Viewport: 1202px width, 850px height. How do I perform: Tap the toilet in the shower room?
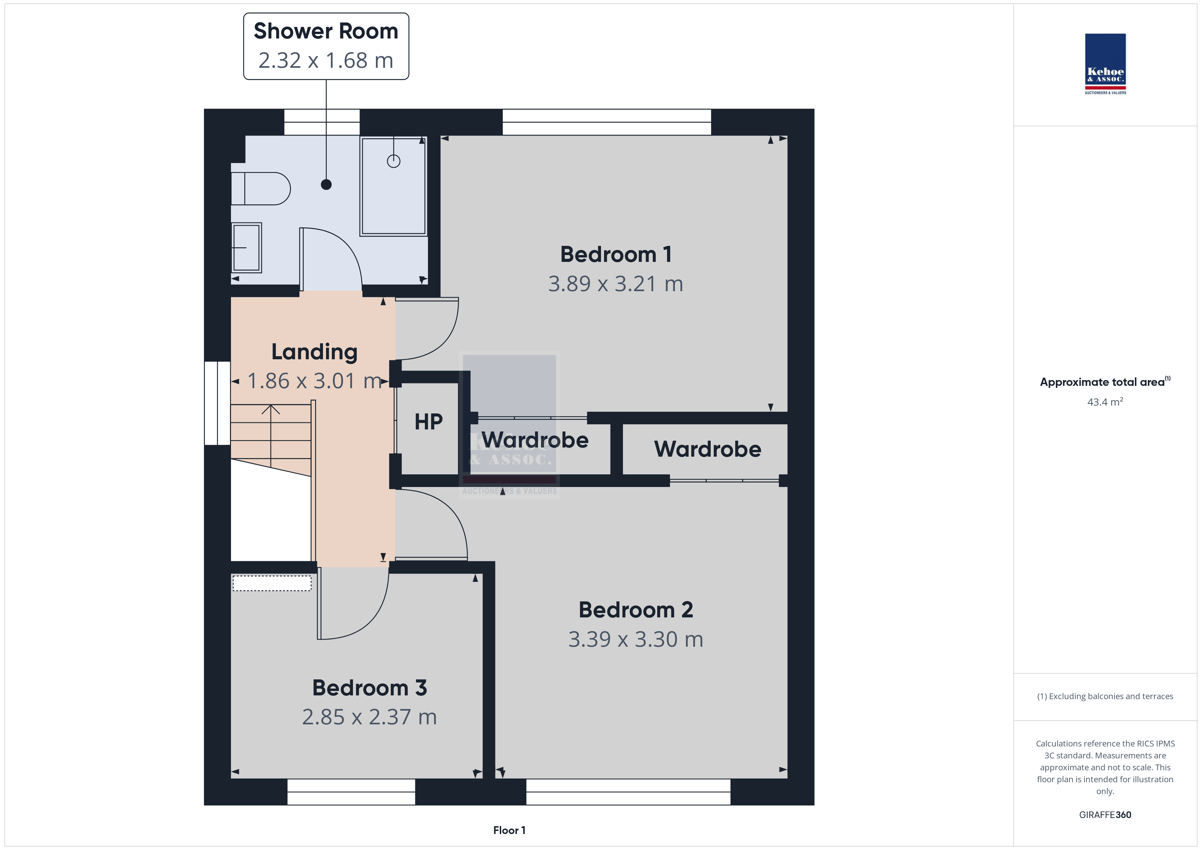(x=261, y=188)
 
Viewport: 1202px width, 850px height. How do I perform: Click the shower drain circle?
(x=394, y=161)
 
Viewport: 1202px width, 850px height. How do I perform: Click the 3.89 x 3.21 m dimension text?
(x=616, y=284)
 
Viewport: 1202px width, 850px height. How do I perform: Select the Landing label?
(x=314, y=352)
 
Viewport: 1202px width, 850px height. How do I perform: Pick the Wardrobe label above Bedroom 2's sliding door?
(x=708, y=449)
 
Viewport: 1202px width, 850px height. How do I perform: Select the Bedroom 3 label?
(x=370, y=688)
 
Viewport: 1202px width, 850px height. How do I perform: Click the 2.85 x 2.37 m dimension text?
(x=370, y=717)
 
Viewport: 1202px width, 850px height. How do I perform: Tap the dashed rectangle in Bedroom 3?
(x=272, y=583)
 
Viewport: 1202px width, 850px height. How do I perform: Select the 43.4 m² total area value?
(x=1105, y=402)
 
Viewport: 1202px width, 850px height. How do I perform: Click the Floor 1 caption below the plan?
(x=509, y=830)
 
